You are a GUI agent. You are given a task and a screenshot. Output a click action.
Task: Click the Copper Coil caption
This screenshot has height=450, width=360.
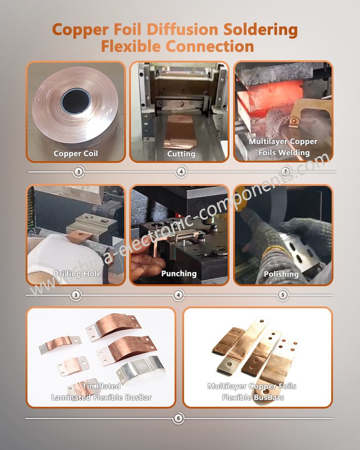click(x=76, y=154)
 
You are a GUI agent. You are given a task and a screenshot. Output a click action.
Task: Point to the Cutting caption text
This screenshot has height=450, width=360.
click(x=181, y=154)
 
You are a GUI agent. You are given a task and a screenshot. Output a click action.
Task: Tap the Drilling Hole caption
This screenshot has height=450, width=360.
click(x=77, y=274)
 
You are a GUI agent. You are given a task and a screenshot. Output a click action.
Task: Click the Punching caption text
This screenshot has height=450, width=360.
click(x=179, y=274)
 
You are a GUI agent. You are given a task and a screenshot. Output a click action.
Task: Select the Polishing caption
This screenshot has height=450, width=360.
click(x=281, y=274)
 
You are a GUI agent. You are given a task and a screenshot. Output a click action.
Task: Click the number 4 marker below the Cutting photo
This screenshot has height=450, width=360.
click(x=181, y=172)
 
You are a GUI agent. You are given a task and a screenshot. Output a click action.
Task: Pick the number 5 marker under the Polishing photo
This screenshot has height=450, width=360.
click(x=283, y=295)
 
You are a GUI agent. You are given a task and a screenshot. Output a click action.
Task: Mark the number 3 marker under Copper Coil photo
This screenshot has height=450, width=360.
click(x=78, y=172)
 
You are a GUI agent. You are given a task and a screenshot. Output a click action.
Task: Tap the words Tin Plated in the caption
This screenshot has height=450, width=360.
click(x=101, y=386)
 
